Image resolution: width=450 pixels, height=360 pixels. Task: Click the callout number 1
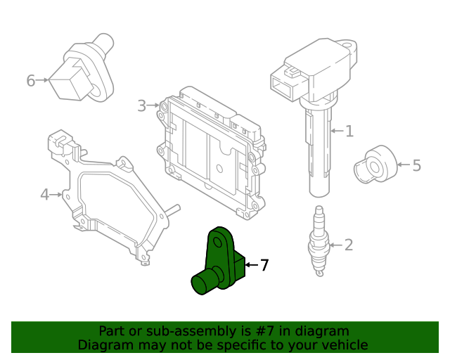click(349, 131)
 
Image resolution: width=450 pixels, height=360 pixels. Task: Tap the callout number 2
click(348, 245)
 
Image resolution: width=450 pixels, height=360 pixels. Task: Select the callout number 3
click(141, 105)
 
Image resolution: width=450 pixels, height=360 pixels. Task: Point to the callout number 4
click(45, 193)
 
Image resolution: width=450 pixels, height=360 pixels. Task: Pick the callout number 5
click(416, 166)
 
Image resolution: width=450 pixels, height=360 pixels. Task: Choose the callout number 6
click(30, 81)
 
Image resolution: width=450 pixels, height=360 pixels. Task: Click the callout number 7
click(264, 265)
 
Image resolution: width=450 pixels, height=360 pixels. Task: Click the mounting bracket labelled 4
click(105, 197)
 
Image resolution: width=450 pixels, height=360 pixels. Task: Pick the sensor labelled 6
click(81, 70)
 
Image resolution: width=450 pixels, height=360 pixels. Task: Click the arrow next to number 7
click(251, 265)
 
